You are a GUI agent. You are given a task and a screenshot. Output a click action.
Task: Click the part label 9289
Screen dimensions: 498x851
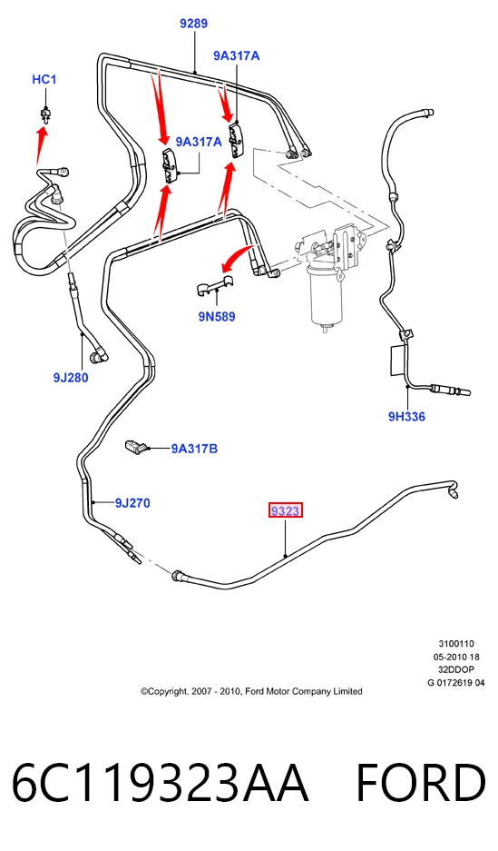click(193, 24)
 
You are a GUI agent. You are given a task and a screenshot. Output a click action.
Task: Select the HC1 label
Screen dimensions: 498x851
click(44, 80)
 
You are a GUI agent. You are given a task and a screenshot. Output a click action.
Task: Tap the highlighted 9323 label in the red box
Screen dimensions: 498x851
click(286, 510)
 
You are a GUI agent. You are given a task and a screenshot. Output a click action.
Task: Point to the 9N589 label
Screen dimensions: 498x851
click(217, 316)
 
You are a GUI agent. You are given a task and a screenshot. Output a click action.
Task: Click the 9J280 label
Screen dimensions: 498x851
click(71, 377)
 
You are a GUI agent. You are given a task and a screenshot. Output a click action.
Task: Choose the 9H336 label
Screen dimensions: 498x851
click(406, 416)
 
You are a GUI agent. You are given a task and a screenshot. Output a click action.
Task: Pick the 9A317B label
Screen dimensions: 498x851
click(194, 449)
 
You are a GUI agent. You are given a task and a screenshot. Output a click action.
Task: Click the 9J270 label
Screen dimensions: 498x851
click(132, 503)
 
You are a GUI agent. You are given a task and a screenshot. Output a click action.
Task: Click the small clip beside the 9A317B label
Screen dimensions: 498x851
click(136, 447)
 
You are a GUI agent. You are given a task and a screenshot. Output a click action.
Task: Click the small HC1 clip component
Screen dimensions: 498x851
click(45, 114)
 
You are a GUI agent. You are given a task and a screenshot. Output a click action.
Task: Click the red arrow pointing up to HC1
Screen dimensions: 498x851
click(41, 145)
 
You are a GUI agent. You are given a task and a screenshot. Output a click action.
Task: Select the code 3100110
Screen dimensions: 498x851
click(456, 644)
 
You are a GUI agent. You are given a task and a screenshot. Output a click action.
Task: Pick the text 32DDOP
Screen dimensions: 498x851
click(456, 669)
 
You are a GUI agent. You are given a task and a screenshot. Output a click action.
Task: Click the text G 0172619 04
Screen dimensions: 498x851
click(456, 683)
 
